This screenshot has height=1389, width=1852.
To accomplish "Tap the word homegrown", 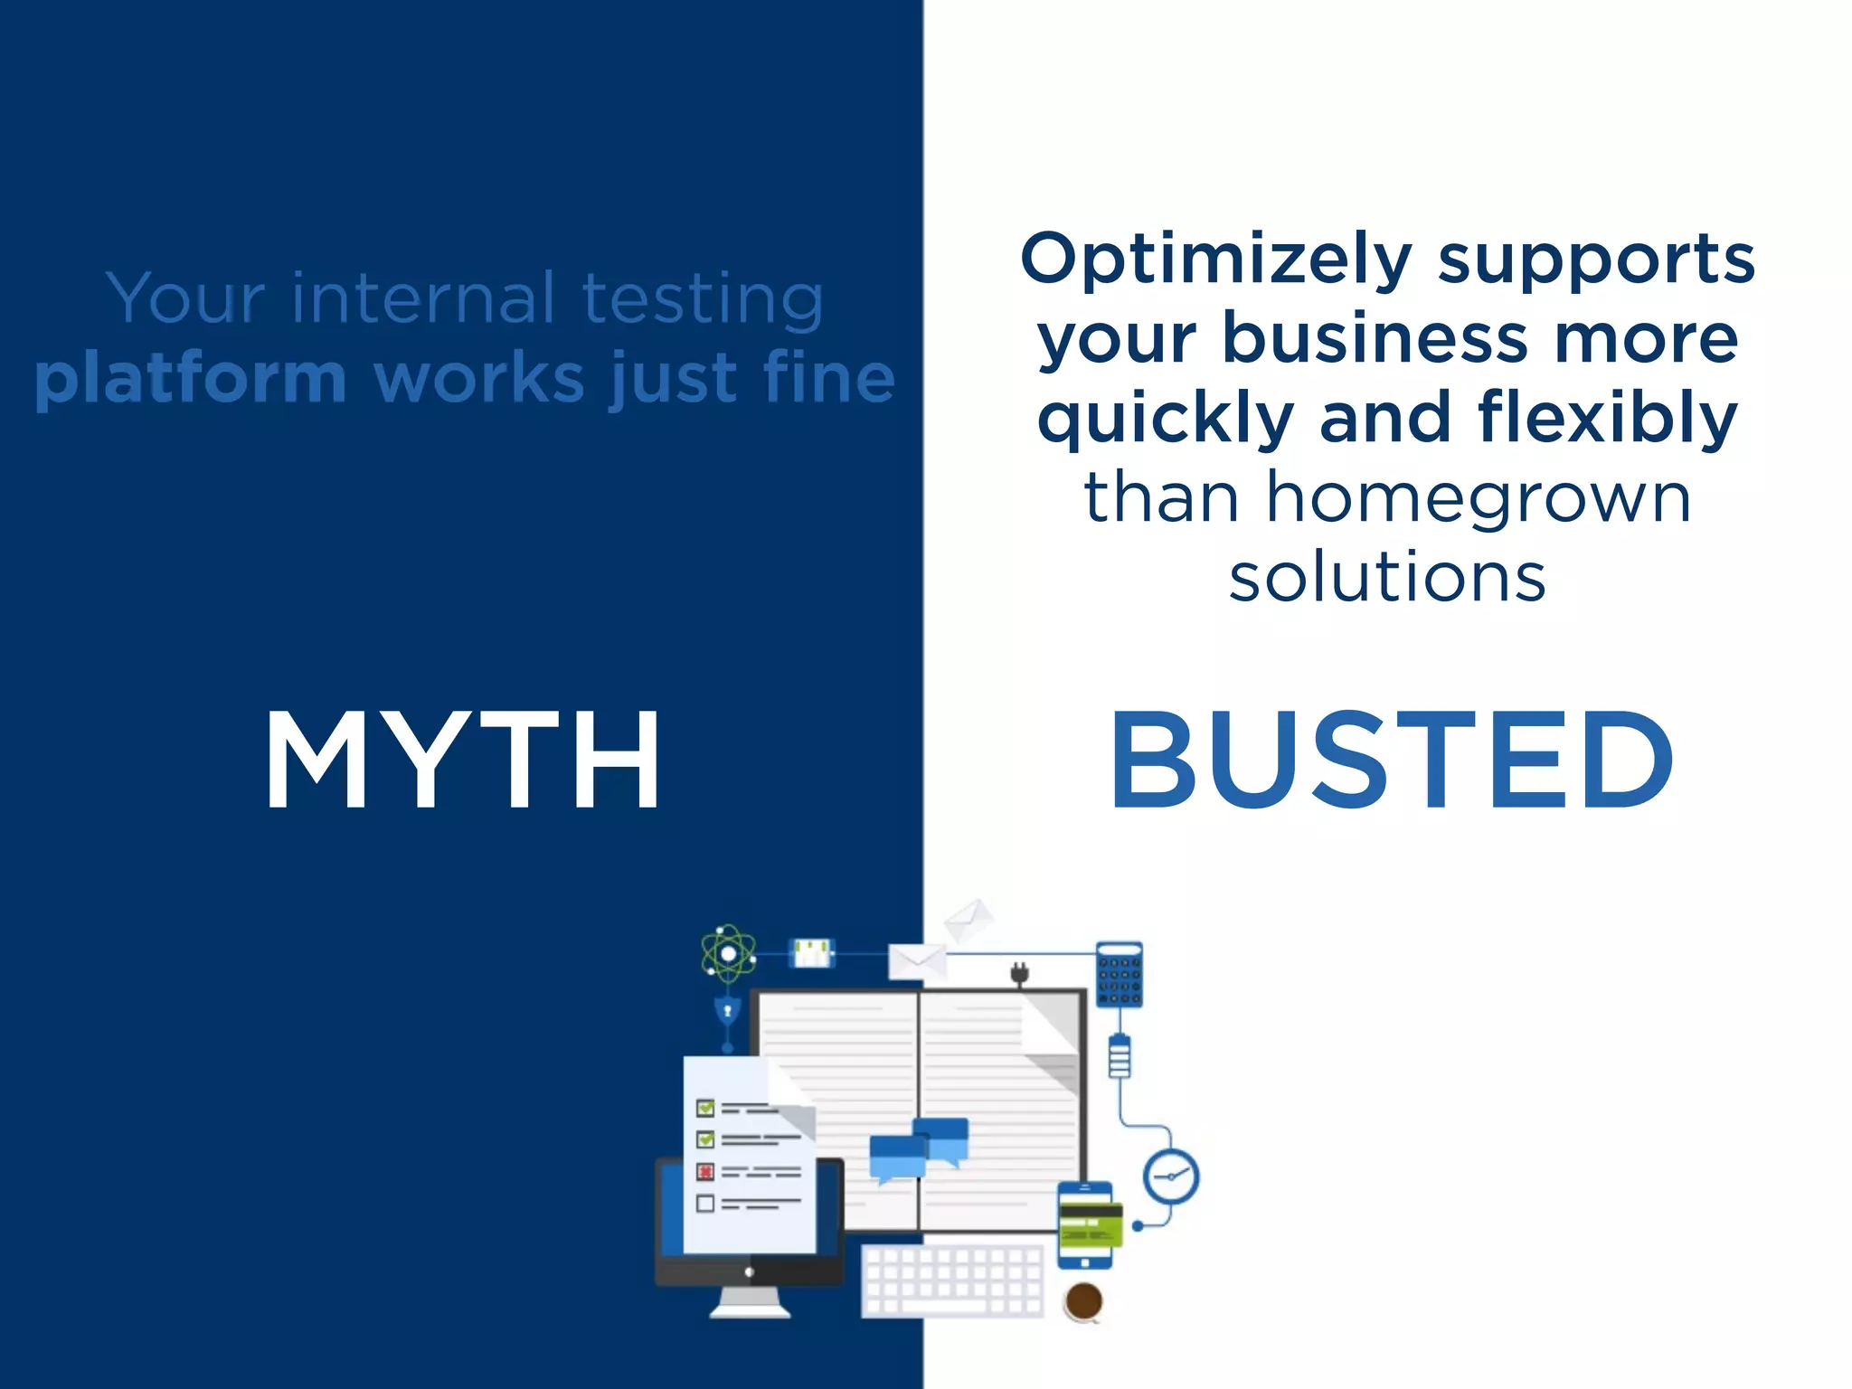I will point(1479,499).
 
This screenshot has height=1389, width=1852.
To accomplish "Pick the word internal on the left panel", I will point(423,298).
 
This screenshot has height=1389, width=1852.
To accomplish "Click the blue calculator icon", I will point(1120,974).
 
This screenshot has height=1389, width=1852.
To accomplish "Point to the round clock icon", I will point(1171,1176).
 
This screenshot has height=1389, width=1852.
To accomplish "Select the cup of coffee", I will point(1083,1302).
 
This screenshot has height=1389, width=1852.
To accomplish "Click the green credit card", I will point(1091,1224).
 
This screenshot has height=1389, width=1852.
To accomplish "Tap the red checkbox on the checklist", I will point(705,1172).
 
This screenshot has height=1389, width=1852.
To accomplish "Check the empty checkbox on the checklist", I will point(705,1204).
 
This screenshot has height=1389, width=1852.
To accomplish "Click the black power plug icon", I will point(1020,974).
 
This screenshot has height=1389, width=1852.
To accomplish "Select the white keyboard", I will point(953,1280).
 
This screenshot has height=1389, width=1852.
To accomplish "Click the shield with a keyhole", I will point(728,1010).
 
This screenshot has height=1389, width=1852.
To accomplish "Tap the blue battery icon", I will point(1120,1056).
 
